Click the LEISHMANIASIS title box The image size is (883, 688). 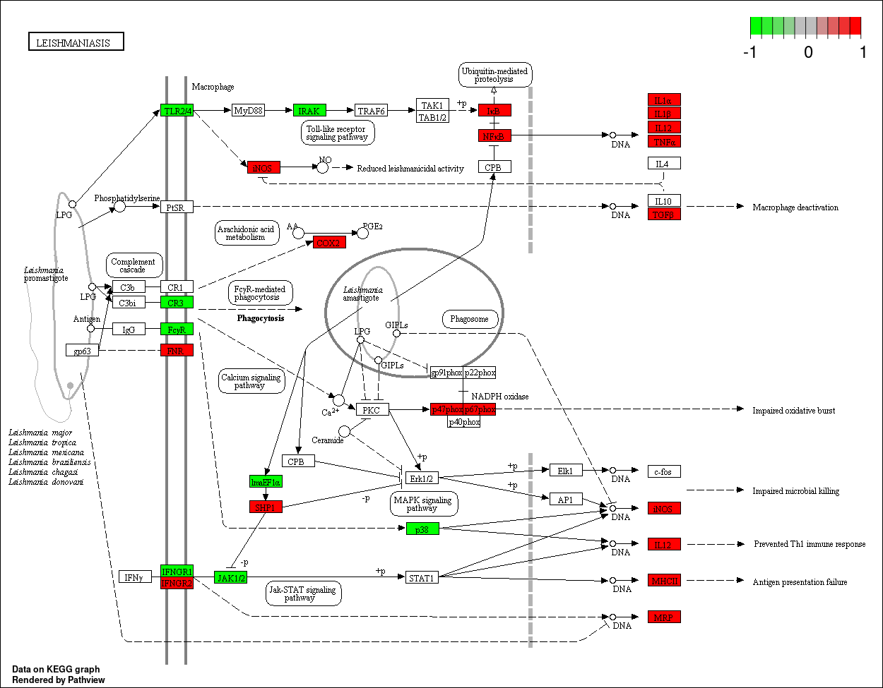tap(76, 42)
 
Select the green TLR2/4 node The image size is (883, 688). tap(177, 111)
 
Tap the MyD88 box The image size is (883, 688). tap(248, 111)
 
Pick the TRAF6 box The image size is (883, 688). tap(371, 111)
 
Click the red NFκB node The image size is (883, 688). tap(494, 135)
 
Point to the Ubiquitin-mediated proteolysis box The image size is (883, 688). tap(494, 74)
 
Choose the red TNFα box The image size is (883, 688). tap(664, 141)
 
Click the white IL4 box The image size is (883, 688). tap(664, 164)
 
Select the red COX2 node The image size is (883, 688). tap(329, 243)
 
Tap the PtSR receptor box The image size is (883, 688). tap(177, 207)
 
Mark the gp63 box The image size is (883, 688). tap(82, 350)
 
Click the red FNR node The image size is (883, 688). tap(177, 350)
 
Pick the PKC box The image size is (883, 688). tap(372, 410)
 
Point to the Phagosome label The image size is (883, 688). tap(470, 319)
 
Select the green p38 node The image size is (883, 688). tap(422, 529)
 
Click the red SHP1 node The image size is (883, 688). tap(266, 507)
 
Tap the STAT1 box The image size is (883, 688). tap(422, 578)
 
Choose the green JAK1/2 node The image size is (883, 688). tap(231, 577)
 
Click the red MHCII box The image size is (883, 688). tap(664, 581)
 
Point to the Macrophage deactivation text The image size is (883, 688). tap(795, 207)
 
